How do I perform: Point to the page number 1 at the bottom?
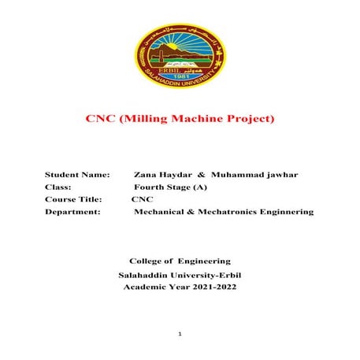[180, 336]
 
